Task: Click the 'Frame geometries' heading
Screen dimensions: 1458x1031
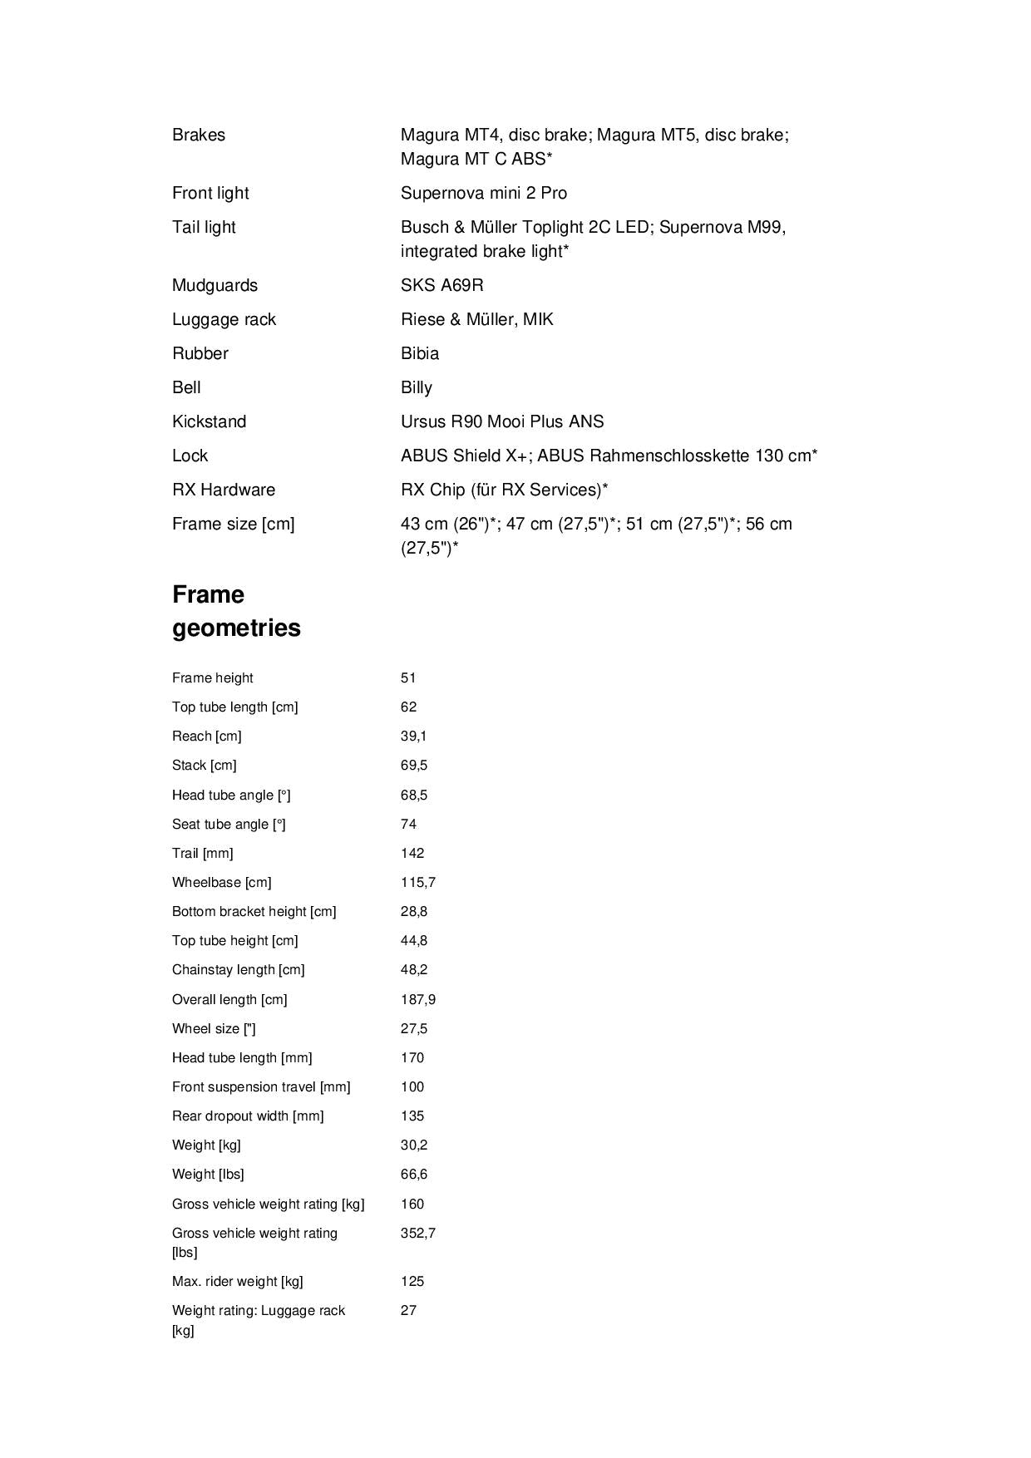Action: click(x=236, y=611)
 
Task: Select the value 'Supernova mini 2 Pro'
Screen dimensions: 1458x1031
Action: click(x=483, y=193)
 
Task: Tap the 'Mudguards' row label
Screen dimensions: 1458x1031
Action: click(x=215, y=285)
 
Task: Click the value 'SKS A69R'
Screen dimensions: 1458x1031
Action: click(x=442, y=285)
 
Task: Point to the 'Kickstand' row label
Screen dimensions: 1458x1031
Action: click(x=209, y=421)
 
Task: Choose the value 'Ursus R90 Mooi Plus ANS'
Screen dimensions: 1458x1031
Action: click(x=502, y=421)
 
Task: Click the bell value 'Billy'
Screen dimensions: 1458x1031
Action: click(x=416, y=387)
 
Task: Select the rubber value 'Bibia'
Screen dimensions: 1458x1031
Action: click(x=419, y=353)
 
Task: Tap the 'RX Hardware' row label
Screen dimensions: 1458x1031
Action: click(x=223, y=490)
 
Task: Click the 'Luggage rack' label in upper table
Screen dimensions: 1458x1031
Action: click(x=224, y=319)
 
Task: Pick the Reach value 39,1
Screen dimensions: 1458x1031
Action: click(x=413, y=736)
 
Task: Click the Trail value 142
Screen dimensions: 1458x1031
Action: click(x=412, y=853)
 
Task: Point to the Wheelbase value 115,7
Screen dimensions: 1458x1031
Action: click(x=417, y=882)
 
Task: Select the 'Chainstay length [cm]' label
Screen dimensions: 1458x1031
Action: click(x=238, y=970)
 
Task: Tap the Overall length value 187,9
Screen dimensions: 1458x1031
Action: click(x=417, y=999)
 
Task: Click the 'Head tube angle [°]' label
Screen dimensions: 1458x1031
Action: click(x=231, y=795)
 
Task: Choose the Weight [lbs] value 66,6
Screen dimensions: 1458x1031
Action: click(x=413, y=1175)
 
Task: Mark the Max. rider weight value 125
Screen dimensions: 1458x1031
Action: click(x=412, y=1281)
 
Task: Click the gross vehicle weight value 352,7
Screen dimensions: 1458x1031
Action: click(x=417, y=1233)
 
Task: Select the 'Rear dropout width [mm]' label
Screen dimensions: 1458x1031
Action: click(x=248, y=1116)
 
